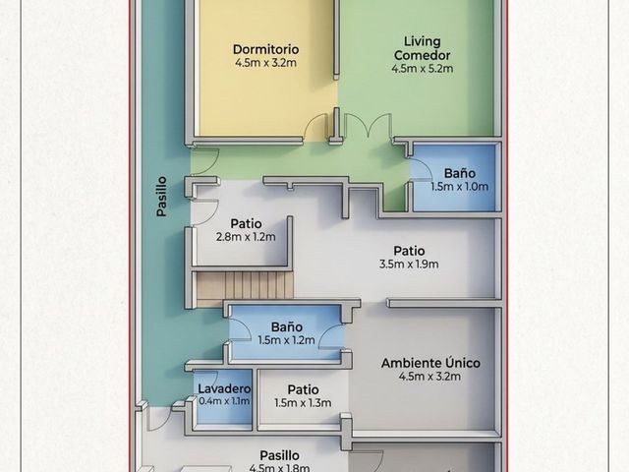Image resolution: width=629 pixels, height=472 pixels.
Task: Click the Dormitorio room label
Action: pyautogui.click(x=265, y=49)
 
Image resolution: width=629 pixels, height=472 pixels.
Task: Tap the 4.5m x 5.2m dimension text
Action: pyautogui.click(x=423, y=69)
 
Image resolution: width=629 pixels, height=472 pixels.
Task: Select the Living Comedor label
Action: pyautogui.click(x=423, y=48)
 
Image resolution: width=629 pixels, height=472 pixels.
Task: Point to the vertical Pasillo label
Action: pyautogui.click(x=161, y=197)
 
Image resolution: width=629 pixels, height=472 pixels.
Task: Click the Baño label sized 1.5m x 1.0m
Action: pyautogui.click(x=460, y=173)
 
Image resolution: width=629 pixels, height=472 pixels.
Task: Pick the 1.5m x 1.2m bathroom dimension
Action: pyautogui.click(x=286, y=340)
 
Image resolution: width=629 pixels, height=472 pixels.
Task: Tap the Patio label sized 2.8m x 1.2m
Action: pyautogui.click(x=246, y=223)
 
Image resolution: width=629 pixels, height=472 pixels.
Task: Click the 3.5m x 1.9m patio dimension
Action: pyautogui.click(x=409, y=265)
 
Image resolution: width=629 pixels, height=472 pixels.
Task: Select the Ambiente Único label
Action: pyautogui.click(x=430, y=363)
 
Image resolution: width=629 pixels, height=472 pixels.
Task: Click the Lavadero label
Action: pyautogui.click(x=224, y=388)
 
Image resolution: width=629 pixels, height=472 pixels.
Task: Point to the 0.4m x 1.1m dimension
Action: pyautogui.click(x=224, y=400)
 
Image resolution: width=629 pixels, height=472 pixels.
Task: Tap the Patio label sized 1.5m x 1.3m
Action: pyautogui.click(x=303, y=389)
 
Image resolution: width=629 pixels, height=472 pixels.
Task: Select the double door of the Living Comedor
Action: pyautogui.click(x=368, y=125)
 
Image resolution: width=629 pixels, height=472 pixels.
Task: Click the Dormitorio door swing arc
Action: pyautogui.click(x=316, y=126)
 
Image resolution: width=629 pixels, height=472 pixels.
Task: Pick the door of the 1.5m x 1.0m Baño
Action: pyautogui.click(x=421, y=168)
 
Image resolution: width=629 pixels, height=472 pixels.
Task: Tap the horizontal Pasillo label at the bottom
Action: pyautogui.click(x=279, y=455)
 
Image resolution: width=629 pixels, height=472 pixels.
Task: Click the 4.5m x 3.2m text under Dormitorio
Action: pyautogui.click(x=265, y=63)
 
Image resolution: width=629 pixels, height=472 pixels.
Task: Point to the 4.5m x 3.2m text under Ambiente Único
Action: pyautogui.click(x=430, y=377)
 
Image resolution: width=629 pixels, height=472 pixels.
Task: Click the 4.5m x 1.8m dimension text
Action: pyautogui.click(x=279, y=468)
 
